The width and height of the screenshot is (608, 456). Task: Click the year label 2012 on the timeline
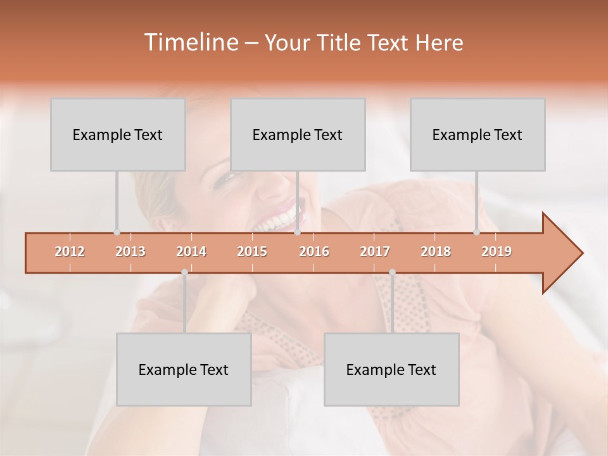pyautogui.click(x=70, y=252)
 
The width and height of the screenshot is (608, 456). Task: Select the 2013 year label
pyautogui.click(x=130, y=252)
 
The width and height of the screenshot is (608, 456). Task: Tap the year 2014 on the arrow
pyautogui.click(x=191, y=252)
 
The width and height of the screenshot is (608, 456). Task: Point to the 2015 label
pyautogui.click(x=252, y=252)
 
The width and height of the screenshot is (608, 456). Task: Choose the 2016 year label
pyautogui.click(x=314, y=252)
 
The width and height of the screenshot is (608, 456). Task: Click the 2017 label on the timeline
pyautogui.click(x=375, y=252)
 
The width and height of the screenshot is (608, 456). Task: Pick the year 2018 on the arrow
pyautogui.click(x=436, y=252)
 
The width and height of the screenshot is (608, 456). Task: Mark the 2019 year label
pyautogui.click(x=497, y=252)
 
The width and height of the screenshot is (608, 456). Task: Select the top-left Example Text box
pyautogui.click(x=118, y=135)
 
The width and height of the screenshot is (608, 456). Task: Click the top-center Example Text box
pyautogui.click(x=298, y=135)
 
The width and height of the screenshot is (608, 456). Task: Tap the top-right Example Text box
pyautogui.click(x=478, y=135)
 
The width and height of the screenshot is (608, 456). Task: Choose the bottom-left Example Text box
pyautogui.click(x=184, y=370)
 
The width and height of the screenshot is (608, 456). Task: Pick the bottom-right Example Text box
pyautogui.click(x=391, y=370)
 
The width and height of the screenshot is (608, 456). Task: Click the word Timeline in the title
pyautogui.click(x=190, y=42)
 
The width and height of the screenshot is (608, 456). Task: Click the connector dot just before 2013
pyautogui.click(x=117, y=232)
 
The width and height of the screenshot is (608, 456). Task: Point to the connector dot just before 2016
pyautogui.click(x=297, y=232)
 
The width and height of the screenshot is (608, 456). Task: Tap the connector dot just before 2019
pyautogui.click(x=476, y=232)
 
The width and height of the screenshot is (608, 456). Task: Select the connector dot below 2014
pyautogui.click(x=184, y=272)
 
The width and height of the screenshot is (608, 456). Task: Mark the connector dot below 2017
pyautogui.click(x=392, y=272)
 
